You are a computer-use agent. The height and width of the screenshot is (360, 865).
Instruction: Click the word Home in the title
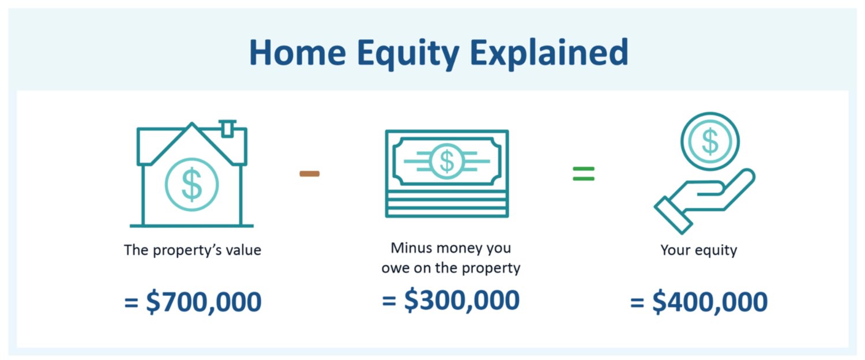coord(298,52)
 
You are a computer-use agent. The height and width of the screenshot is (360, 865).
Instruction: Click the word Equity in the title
coord(408,54)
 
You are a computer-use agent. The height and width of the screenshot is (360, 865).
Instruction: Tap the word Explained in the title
coord(549,54)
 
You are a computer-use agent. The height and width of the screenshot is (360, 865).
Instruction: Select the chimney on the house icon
coord(227,129)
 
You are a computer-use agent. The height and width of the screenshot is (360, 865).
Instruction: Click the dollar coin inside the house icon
coord(191,184)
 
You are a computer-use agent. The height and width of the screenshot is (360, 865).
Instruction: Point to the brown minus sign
coord(310,174)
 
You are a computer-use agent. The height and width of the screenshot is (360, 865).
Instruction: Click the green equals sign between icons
coord(584,174)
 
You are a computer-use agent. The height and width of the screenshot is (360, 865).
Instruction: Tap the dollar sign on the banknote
coord(447,161)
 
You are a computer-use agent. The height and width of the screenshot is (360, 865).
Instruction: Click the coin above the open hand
coord(710,141)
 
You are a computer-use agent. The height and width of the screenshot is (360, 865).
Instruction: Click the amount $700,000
coord(204,302)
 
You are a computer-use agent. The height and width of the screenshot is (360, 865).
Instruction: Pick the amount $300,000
coord(461,300)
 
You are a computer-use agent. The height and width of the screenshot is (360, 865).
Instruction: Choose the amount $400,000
coord(710,302)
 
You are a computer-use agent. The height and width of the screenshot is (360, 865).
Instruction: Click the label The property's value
coord(192,250)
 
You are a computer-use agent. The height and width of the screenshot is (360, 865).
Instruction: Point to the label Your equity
coord(698,250)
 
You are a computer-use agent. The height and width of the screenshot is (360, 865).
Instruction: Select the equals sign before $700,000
coord(131,302)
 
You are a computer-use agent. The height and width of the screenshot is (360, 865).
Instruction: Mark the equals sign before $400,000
coord(637,302)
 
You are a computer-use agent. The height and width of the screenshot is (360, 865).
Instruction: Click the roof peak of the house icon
coord(192,124)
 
